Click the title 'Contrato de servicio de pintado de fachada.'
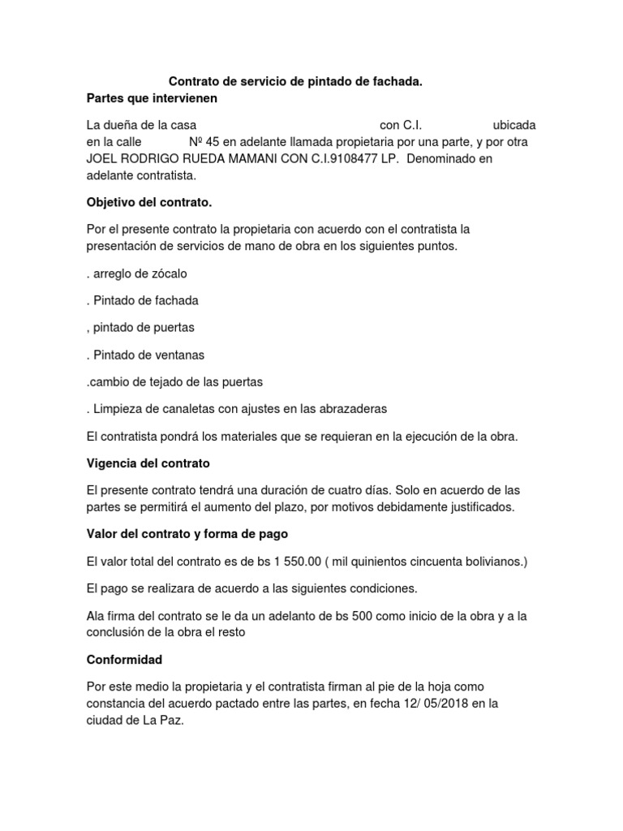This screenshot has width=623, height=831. (x=295, y=82)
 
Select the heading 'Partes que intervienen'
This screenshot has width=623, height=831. (x=152, y=99)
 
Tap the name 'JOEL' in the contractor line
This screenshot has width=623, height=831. (x=103, y=159)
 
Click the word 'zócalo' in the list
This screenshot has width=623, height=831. (x=170, y=273)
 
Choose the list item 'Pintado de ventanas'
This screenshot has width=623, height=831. (x=149, y=355)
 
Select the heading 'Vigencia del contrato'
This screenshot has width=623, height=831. (x=148, y=463)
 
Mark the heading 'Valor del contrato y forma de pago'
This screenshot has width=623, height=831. (x=187, y=534)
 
